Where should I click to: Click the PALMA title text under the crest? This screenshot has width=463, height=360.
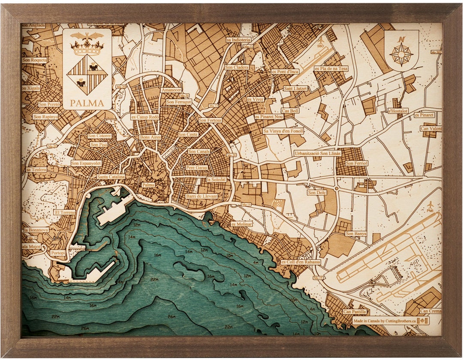pos(87,103)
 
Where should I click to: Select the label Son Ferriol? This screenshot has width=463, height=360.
pos(357,163)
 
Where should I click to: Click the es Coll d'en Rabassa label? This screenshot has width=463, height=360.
pos(301,262)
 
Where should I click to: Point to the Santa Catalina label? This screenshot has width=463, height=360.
pos(111,176)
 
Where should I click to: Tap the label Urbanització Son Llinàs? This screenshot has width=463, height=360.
pos(317,153)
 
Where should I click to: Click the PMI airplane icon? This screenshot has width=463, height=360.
pos(430,205)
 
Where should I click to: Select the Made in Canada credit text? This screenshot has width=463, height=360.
pos(384,321)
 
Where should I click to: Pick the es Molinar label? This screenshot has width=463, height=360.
pos(242,224)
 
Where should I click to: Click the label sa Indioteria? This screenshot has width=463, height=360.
pos(238,39)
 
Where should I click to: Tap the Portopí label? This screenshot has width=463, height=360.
pos(57,253)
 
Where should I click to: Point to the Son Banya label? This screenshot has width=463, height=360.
pos(356,234)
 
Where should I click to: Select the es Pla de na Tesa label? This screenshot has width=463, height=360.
pos(331,68)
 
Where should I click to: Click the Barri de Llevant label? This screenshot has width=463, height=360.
pos(201,196)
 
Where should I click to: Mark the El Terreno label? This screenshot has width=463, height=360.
pos(65,212)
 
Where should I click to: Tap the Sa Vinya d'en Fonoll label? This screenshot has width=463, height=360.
pos(283,131)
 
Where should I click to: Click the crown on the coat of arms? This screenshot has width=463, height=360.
pos(87,47)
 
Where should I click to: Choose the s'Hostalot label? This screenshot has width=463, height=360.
pos(398,111)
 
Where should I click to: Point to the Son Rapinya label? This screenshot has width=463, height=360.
pos(45,116)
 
